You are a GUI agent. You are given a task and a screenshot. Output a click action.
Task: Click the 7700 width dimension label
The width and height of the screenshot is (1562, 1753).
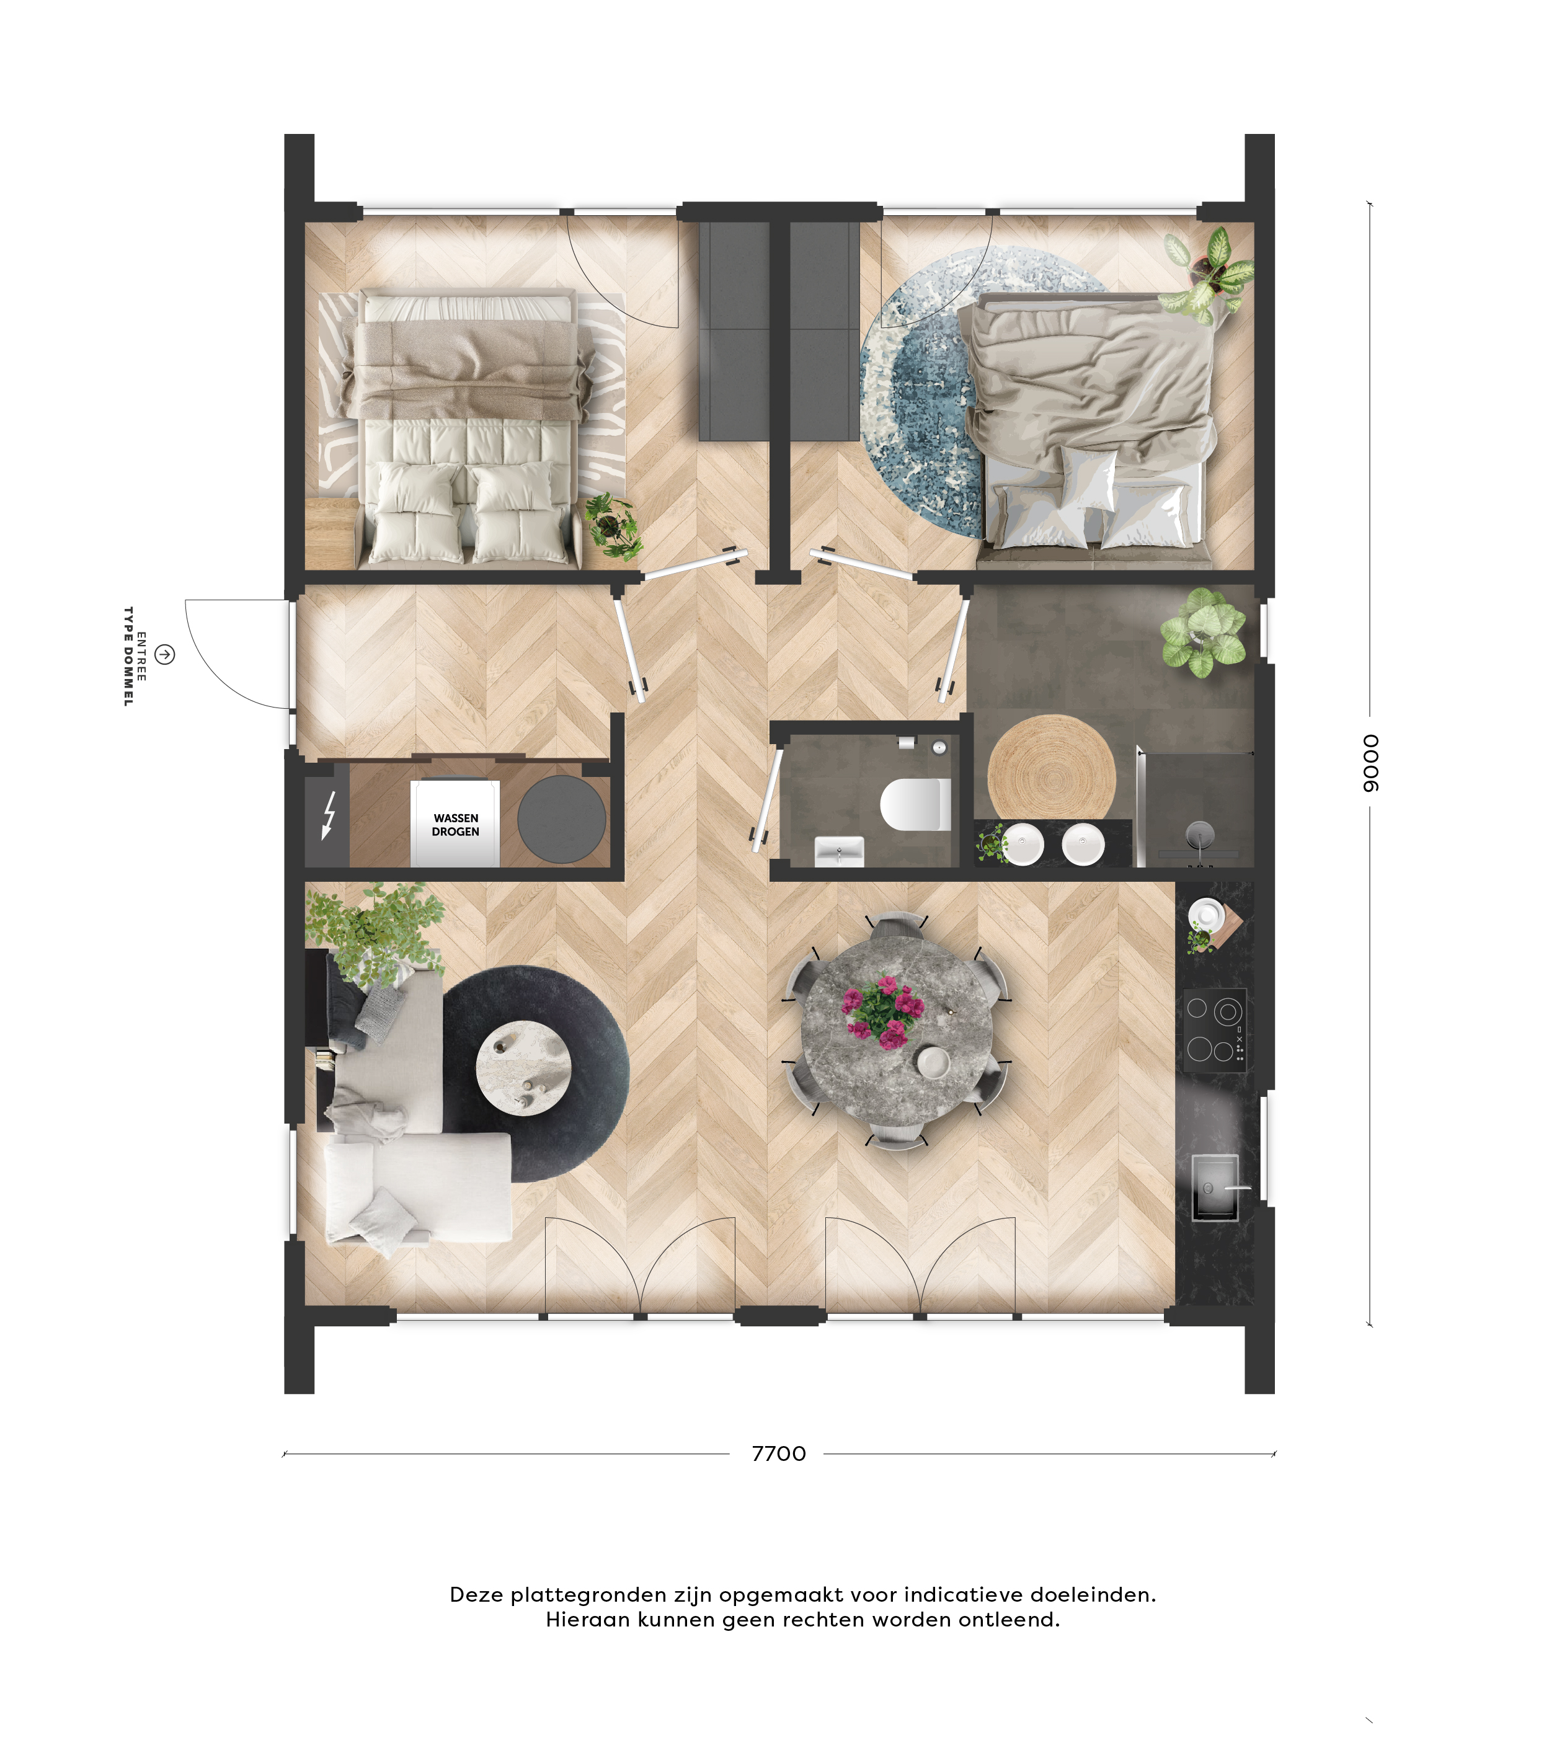tap(778, 1453)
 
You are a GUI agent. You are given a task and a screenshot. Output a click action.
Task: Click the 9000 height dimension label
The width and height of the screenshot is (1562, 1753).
tap(1370, 763)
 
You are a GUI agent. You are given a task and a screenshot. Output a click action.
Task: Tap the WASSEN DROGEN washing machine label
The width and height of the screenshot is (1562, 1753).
tap(456, 825)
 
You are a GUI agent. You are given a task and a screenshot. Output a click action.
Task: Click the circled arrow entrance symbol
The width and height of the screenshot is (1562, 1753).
tap(165, 655)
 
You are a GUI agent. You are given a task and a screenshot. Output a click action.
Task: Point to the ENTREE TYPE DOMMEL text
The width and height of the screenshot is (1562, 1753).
tap(135, 657)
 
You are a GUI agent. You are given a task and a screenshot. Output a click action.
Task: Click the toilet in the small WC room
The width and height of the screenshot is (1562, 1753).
tap(915, 804)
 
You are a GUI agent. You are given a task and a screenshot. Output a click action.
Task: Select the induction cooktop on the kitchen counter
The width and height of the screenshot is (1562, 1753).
tap(1214, 1029)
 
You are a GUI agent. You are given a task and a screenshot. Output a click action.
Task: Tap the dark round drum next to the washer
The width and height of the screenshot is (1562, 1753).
tap(561, 819)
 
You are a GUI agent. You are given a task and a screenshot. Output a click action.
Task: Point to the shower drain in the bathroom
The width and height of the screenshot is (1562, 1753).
tap(1200, 832)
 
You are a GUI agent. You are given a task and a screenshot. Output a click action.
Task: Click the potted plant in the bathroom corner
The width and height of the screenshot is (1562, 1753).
tap(1202, 632)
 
